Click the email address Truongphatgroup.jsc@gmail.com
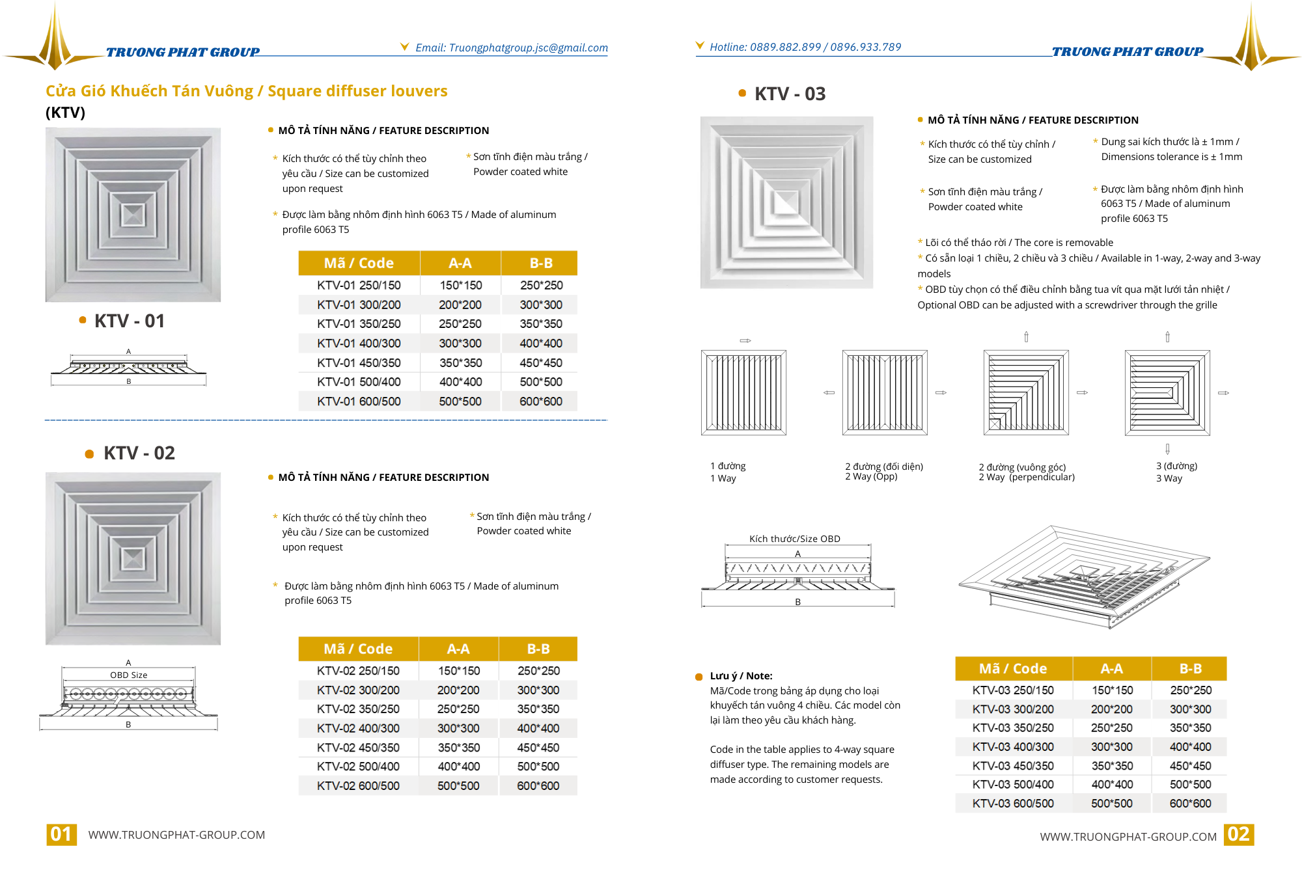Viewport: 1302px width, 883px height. (x=528, y=48)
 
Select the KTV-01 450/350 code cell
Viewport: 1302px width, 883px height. (x=359, y=362)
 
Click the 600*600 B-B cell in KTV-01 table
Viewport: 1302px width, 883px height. (x=540, y=401)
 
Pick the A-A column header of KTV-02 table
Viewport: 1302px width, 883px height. (x=458, y=649)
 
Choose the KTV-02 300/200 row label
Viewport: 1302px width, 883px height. (x=358, y=690)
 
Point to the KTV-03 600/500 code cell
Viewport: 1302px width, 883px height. (x=1013, y=803)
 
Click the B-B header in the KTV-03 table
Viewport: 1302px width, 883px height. (x=1190, y=668)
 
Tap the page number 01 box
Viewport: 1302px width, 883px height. (x=61, y=834)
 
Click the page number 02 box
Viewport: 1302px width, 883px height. (x=1238, y=834)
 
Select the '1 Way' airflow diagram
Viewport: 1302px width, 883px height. (x=743, y=392)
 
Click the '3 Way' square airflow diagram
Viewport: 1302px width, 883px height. (x=1167, y=392)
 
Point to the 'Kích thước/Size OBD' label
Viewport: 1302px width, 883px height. (x=794, y=539)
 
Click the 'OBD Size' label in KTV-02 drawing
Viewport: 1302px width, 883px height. (x=128, y=675)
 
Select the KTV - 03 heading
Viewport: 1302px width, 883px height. (x=789, y=94)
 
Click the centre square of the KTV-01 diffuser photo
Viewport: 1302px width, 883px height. (x=133, y=215)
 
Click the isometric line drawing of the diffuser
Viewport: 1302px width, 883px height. (x=1084, y=576)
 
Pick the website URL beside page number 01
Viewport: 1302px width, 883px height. (x=176, y=835)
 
